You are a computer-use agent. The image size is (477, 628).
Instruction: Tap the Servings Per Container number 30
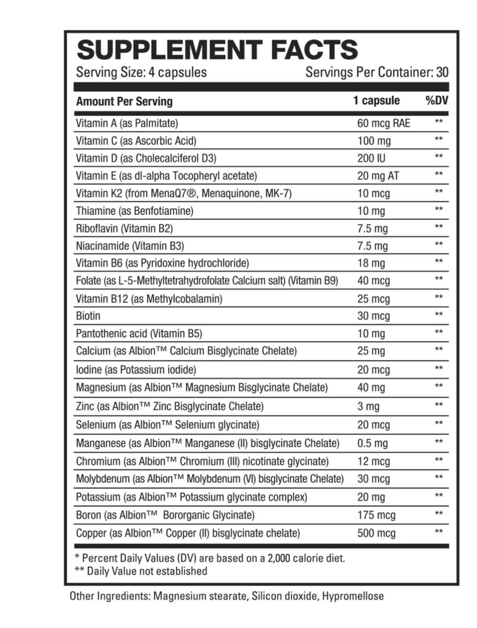[x=442, y=72]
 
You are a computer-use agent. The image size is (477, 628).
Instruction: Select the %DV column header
[x=437, y=101]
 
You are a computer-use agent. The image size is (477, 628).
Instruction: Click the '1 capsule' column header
[x=376, y=101]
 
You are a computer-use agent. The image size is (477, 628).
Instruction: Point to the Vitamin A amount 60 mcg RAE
[x=383, y=123]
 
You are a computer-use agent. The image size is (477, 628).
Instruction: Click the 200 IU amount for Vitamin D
[x=371, y=158]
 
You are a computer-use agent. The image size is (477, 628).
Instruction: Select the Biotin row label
[x=88, y=316]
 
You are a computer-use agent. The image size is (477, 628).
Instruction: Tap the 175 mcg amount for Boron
[x=376, y=515]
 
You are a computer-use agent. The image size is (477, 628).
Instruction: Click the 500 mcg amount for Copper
[x=376, y=533]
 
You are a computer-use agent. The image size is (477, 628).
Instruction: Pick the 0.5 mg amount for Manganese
[x=372, y=443]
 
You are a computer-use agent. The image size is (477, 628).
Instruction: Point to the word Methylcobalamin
[x=184, y=299]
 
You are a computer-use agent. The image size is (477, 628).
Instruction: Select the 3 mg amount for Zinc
[x=368, y=406]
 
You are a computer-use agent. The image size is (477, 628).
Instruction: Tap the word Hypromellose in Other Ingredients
[x=353, y=596]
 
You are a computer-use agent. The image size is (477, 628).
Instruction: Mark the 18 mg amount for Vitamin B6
[x=371, y=263]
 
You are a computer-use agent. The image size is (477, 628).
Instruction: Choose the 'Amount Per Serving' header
[x=124, y=101]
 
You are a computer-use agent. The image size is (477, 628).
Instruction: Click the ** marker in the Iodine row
[x=438, y=368]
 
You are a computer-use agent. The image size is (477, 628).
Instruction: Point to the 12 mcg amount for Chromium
[x=373, y=461]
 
